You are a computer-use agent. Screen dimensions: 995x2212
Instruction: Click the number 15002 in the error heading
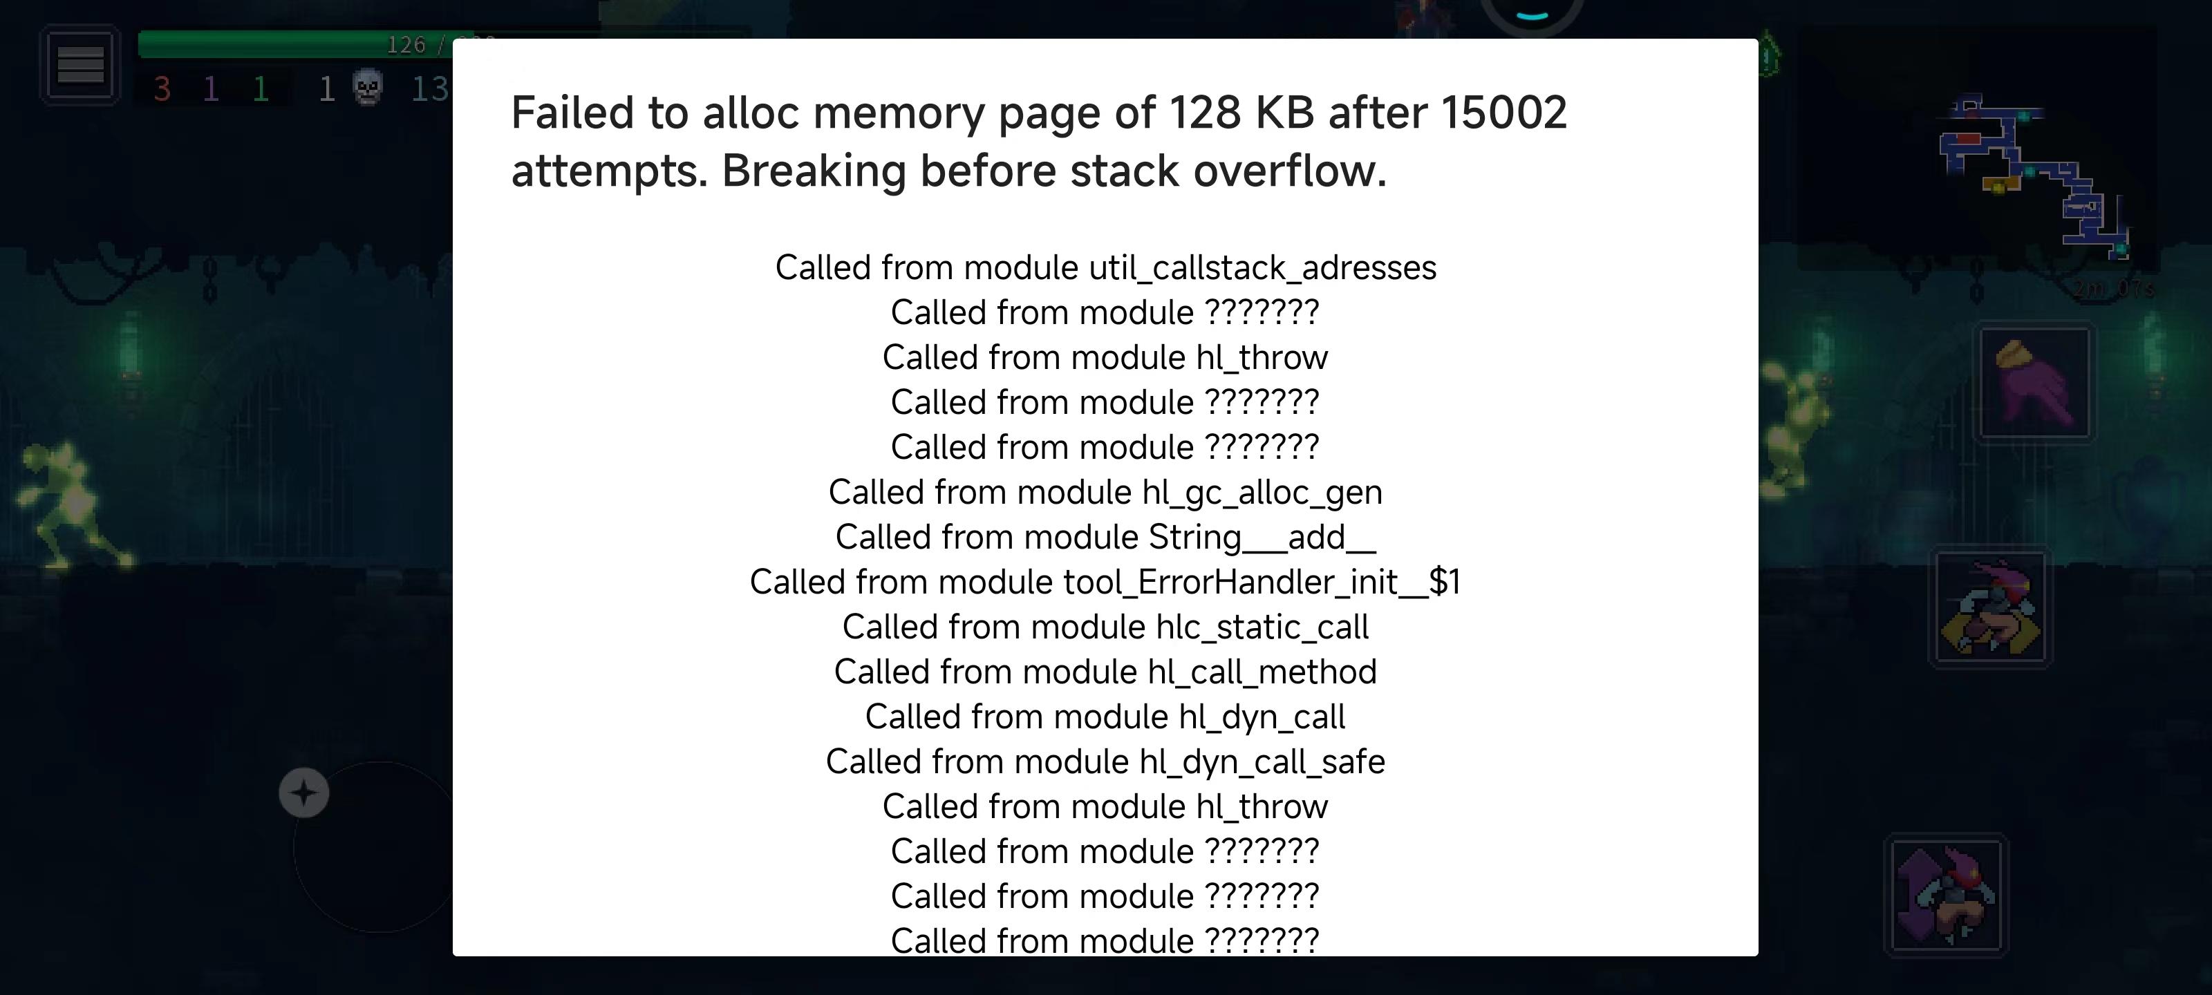(x=1503, y=113)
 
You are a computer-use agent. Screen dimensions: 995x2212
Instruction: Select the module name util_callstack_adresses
(x=1262, y=268)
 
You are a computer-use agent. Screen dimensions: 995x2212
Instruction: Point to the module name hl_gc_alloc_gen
(x=1262, y=493)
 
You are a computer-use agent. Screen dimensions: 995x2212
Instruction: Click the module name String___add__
(x=1262, y=538)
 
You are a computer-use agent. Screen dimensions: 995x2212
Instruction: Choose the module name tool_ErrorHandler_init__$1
(x=1262, y=582)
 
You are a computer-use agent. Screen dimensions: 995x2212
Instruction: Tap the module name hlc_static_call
(x=1262, y=627)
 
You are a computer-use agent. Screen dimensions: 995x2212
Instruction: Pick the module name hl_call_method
(x=1262, y=672)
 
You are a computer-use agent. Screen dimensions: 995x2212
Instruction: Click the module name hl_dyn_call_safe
(x=1262, y=762)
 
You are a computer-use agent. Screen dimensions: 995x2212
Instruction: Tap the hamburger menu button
(x=81, y=65)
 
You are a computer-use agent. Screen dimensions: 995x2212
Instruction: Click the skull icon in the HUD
(x=368, y=88)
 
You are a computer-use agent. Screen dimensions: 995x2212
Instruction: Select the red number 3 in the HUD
(x=162, y=89)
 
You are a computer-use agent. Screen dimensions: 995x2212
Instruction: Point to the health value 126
(x=406, y=45)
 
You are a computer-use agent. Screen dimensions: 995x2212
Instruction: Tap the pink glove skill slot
(x=2034, y=382)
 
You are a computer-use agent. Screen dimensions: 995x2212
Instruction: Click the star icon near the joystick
(x=304, y=793)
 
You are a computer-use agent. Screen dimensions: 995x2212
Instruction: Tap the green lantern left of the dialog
(x=131, y=348)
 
